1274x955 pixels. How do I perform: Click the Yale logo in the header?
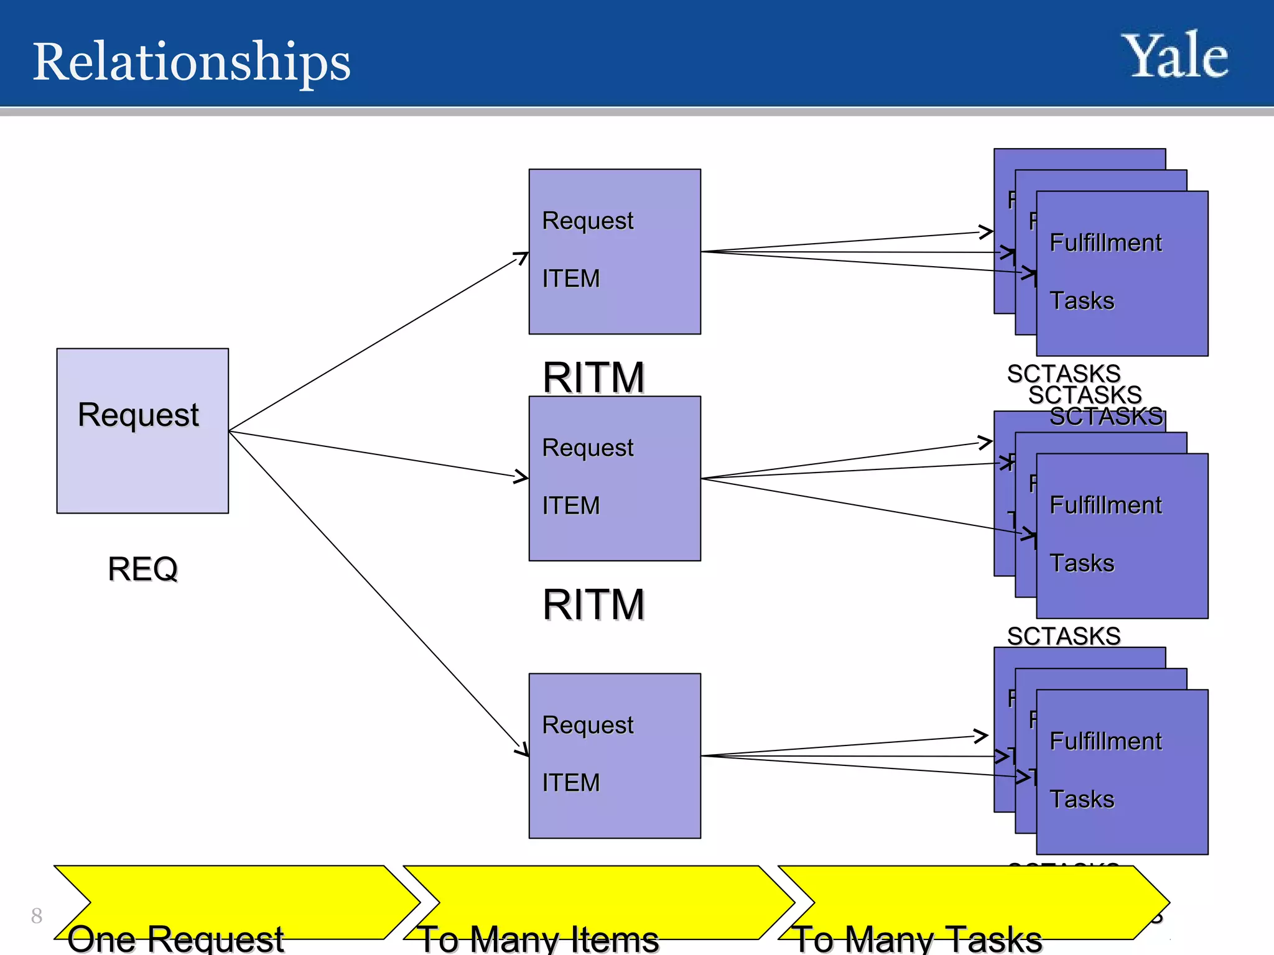[1174, 57]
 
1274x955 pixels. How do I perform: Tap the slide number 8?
[37, 916]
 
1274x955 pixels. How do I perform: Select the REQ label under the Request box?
[143, 569]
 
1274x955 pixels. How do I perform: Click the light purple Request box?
[142, 460]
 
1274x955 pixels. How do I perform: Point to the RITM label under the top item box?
[593, 377]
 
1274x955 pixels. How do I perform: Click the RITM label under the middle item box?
[593, 604]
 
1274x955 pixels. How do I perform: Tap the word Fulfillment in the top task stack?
[1105, 242]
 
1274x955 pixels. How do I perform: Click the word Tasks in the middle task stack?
[1082, 563]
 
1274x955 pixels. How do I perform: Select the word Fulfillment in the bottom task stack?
[1105, 741]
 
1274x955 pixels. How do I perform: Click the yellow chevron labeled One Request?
[236, 902]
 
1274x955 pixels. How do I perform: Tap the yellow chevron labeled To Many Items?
[597, 902]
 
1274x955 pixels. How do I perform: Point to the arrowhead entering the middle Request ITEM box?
[522, 477]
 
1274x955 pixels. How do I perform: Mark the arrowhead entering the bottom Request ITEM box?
[523, 750]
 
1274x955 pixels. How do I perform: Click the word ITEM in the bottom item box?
[571, 783]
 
